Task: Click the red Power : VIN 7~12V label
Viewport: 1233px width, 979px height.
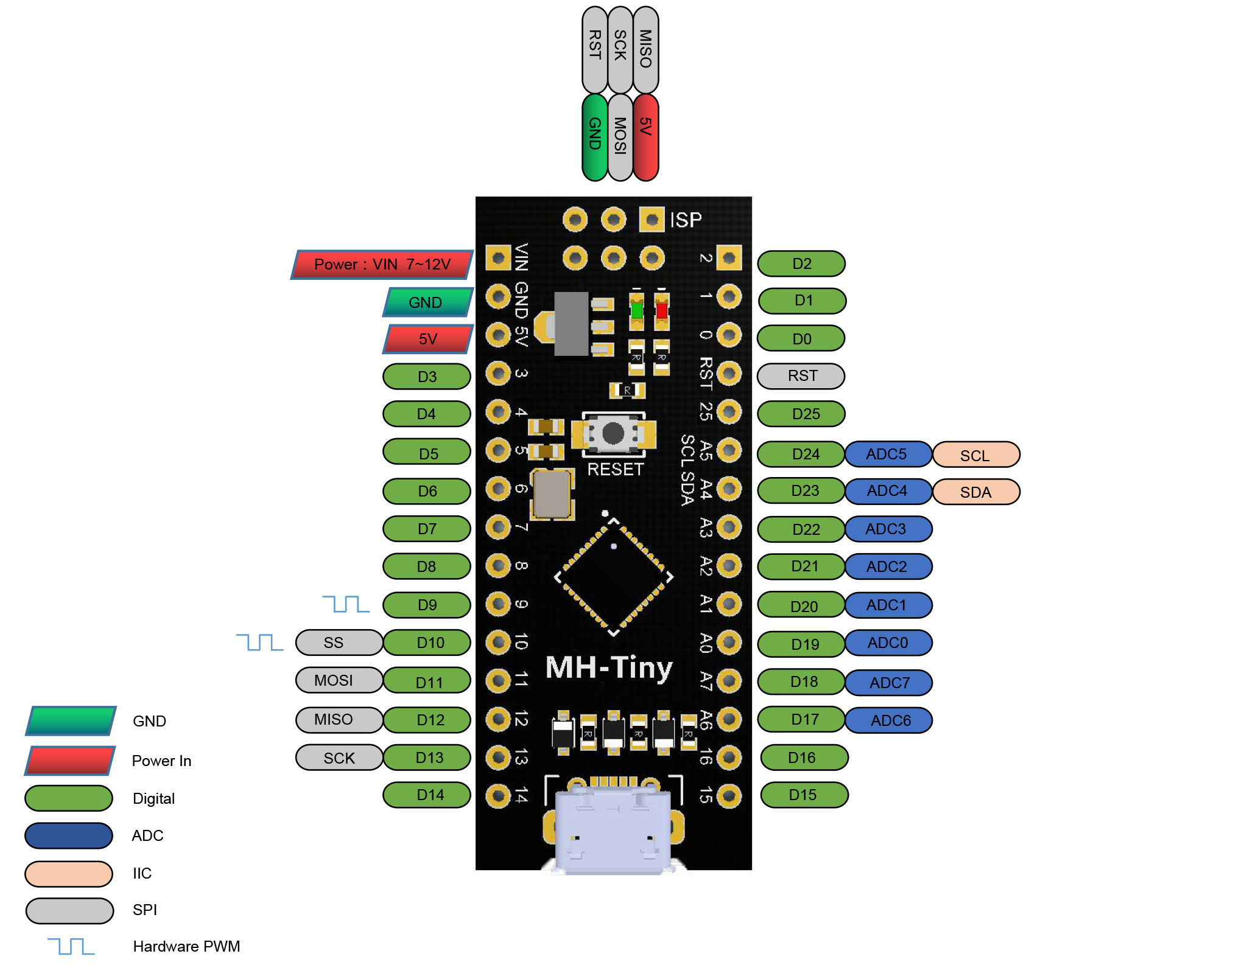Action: point(382,265)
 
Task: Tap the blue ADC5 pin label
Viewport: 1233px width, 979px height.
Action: point(888,455)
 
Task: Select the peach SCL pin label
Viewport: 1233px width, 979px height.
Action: point(975,455)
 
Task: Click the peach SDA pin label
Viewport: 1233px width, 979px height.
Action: point(975,492)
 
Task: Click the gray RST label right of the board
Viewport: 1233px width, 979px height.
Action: point(801,376)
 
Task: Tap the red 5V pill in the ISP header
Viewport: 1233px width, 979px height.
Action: point(646,137)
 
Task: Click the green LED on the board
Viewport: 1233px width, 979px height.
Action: point(636,310)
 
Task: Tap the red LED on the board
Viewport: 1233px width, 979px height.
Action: point(662,310)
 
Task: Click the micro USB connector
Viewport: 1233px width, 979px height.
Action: point(613,831)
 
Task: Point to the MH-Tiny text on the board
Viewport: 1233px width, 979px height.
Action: point(609,668)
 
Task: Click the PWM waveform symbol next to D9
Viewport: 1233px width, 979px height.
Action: point(345,604)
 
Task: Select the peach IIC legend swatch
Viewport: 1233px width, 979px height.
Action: point(69,874)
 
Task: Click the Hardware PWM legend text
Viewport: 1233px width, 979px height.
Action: point(186,947)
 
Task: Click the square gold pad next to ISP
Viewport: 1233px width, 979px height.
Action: point(652,220)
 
